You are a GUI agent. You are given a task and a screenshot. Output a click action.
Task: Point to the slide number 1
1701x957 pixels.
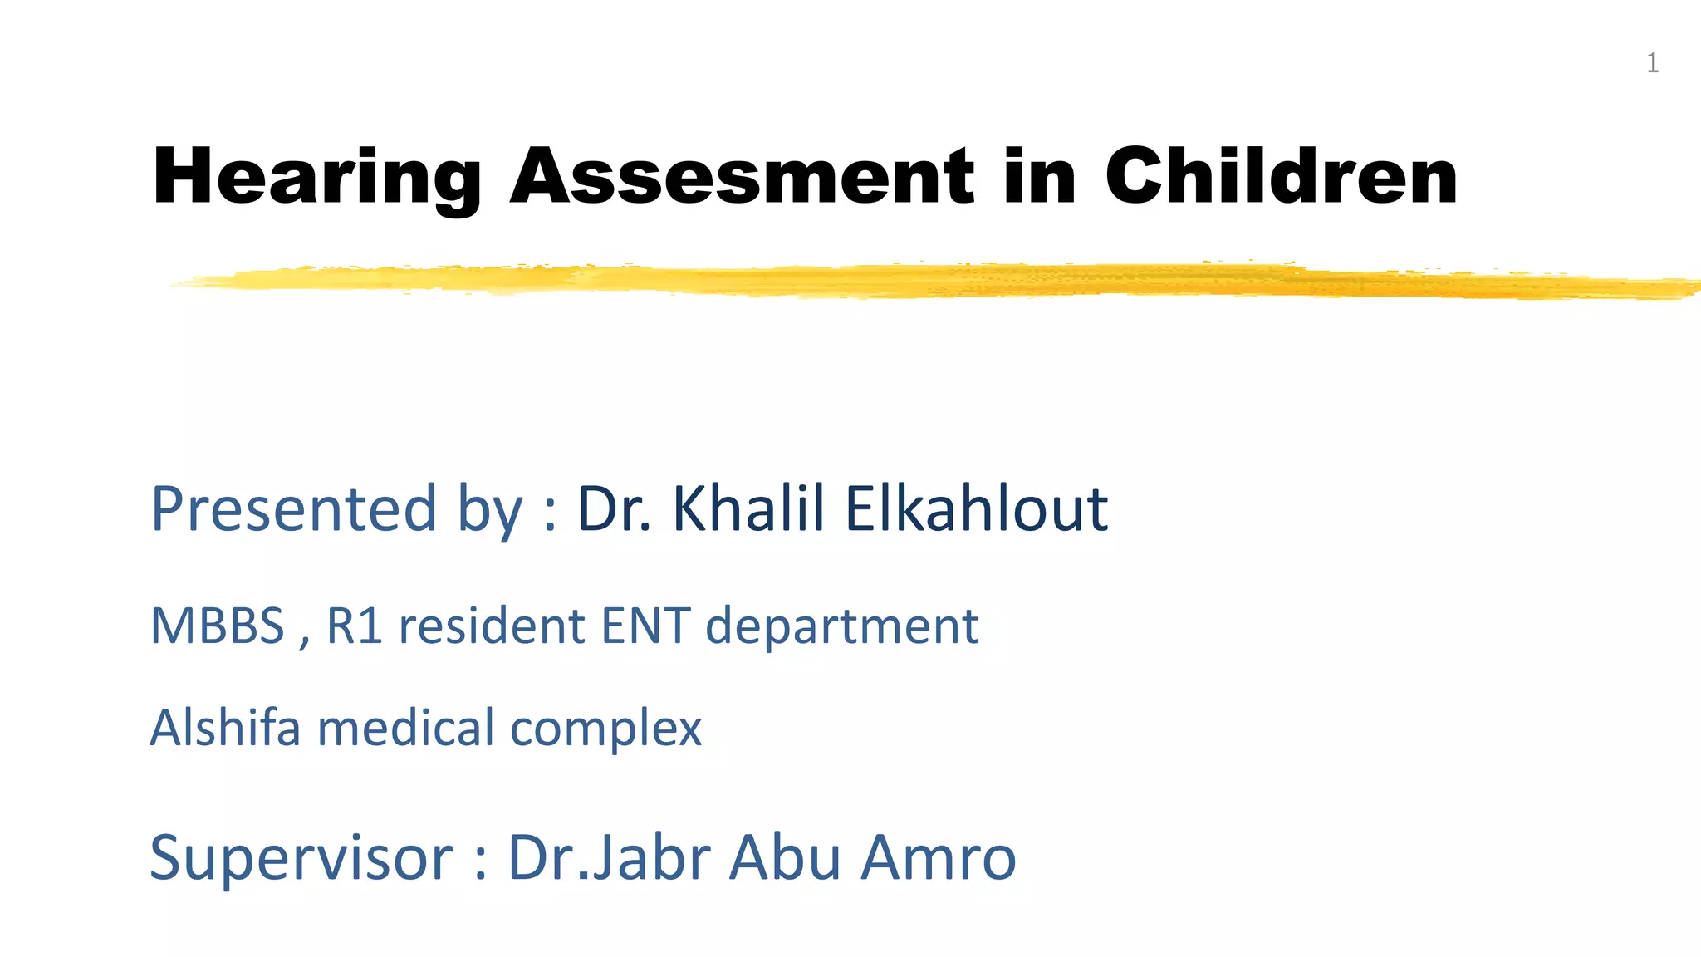click(1652, 63)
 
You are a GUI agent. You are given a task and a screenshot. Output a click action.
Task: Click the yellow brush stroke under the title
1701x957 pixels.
click(914, 281)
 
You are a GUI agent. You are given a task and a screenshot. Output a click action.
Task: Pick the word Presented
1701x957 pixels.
click(293, 508)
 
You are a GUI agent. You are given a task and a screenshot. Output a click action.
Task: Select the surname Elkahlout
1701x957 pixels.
click(976, 508)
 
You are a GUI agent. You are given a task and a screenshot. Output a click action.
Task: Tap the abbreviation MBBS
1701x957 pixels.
click(218, 626)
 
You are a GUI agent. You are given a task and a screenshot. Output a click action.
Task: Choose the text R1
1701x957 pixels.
click(355, 626)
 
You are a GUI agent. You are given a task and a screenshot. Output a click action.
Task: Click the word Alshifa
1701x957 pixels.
click(225, 728)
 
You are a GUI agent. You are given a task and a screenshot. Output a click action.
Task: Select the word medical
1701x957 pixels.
click(406, 728)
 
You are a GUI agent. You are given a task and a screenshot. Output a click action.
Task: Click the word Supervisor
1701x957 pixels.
click(301, 857)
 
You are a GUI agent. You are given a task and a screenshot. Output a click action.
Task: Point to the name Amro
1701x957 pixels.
click(939, 857)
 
